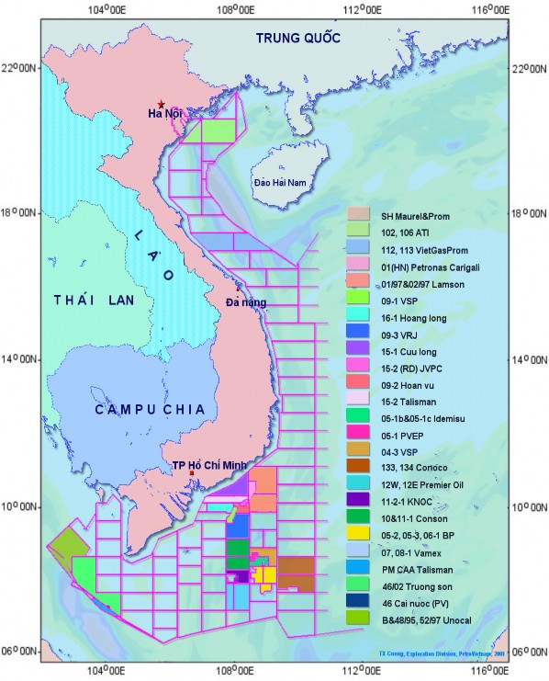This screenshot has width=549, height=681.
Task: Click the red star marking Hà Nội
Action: pyautogui.click(x=162, y=104)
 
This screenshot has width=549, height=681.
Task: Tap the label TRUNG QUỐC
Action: pyautogui.click(x=297, y=38)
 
